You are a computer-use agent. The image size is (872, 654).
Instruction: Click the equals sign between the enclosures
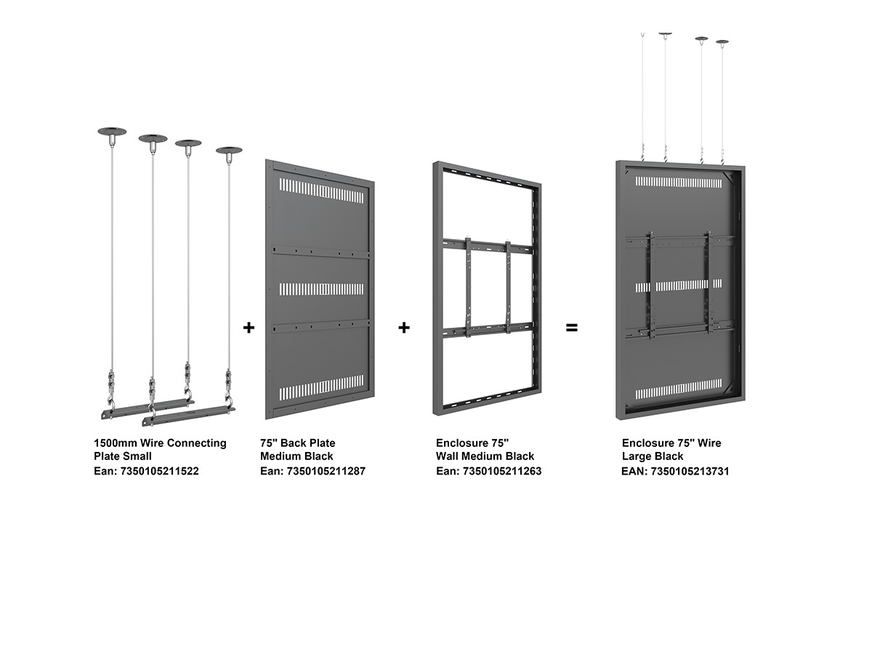point(571,328)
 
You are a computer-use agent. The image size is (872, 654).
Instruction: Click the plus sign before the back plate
point(249,328)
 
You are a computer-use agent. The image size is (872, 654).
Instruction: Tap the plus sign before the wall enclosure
point(403,328)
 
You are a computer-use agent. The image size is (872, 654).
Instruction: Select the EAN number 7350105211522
point(159,471)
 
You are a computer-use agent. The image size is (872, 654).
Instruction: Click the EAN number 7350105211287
point(326,471)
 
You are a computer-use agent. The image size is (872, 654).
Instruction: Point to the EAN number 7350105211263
point(501,471)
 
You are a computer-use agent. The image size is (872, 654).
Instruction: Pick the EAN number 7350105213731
point(690,472)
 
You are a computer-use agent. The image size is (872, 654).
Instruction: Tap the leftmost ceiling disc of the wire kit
point(112,132)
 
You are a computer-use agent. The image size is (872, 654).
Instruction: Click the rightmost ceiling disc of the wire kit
point(229,150)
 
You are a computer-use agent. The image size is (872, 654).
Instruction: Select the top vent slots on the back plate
point(321,190)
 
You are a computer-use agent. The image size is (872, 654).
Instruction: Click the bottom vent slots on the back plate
point(321,387)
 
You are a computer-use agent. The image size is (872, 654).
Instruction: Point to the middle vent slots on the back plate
point(321,289)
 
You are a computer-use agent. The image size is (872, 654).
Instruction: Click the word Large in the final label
point(637,456)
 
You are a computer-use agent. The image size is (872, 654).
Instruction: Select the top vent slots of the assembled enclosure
point(679,182)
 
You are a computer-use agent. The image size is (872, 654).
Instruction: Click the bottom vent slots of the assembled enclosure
point(679,389)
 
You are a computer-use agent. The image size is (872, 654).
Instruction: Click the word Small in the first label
point(137,456)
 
